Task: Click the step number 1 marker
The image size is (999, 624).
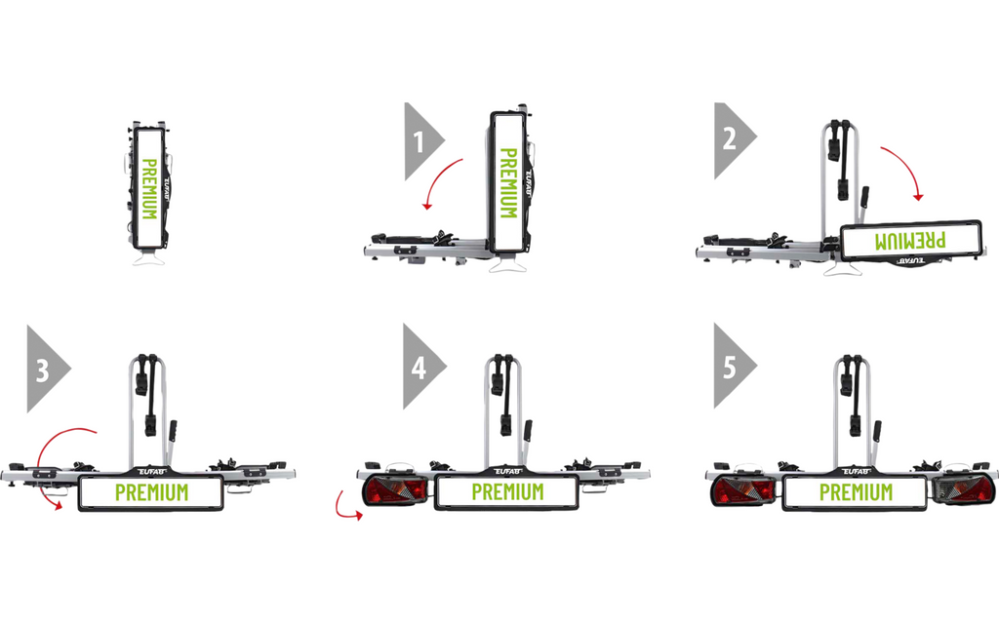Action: click(x=421, y=141)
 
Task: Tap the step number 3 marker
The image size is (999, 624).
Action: click(x=45, y=370)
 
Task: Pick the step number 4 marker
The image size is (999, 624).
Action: click(x=420, y=367)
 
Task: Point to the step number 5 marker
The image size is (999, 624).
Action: click(x=732, y=367)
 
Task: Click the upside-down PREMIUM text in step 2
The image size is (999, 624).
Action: click(x=910, y=241)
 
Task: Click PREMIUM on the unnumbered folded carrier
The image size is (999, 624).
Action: click(x=149, y=189)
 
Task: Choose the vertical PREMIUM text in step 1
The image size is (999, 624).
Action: click(x=507, y=183)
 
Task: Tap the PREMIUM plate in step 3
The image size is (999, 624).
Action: click(x=151, y=492)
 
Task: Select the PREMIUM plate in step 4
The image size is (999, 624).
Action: click(x=507, y=492)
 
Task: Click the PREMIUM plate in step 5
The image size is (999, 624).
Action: click(x=855, y=492)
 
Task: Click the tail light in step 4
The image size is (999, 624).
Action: click(x=395, y=490)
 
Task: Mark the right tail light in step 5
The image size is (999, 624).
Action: click(x=963, y=489)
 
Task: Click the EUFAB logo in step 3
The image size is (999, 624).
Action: click(x=151, y=471)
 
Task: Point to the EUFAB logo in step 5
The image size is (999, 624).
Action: click(x=857, y=471)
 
